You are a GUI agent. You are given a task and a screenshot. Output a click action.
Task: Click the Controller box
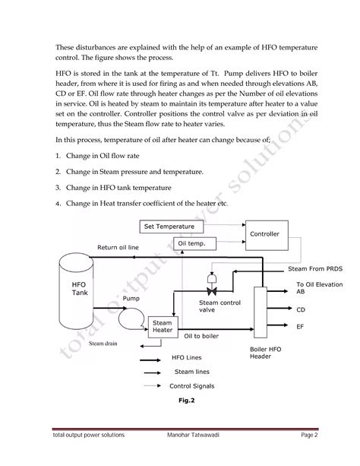264,234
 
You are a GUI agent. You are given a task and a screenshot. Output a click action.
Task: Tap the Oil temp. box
196,244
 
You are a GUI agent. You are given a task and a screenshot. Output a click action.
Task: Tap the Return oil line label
118,248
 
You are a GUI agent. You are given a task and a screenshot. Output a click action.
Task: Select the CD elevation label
300,309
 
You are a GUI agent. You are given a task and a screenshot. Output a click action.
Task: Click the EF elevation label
300,325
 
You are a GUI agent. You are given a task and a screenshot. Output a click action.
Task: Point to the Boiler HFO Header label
267,352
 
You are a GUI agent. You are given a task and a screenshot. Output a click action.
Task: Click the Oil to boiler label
202,335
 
